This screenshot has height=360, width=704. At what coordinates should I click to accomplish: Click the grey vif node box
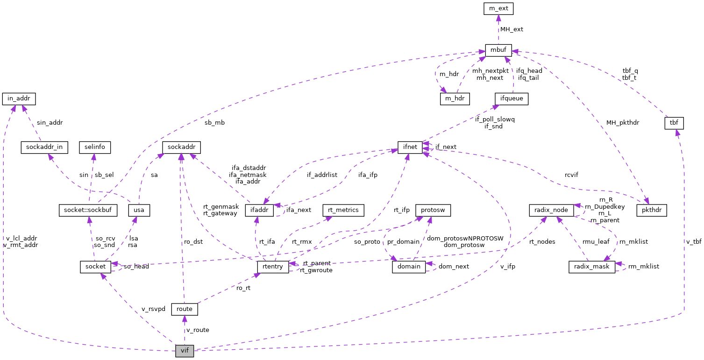tap(185, 351)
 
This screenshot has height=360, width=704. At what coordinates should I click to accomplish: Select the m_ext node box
tap(498, 8)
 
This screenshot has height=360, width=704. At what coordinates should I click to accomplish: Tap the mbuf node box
tap(498, 50)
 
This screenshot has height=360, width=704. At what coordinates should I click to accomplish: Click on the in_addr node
tap(19, 99)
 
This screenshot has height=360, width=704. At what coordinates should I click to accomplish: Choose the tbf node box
tap(674, 123)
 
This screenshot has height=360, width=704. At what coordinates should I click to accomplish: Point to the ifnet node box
tap(410, 147)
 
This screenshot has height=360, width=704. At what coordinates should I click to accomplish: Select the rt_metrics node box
tap(343, 210)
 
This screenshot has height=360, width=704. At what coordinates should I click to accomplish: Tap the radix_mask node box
tap(591, 267)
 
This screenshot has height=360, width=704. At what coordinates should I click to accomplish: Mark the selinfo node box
tap(94, 147)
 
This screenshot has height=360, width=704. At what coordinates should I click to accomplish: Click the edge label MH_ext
tap(512, 29)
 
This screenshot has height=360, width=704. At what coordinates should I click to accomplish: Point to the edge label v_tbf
tap(693, 241)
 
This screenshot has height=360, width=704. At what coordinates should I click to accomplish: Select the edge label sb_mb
tap(214, 123)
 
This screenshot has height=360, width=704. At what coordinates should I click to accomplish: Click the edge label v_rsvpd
tap(153, 309)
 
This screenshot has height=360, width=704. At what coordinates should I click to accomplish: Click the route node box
tap(185, 309)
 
